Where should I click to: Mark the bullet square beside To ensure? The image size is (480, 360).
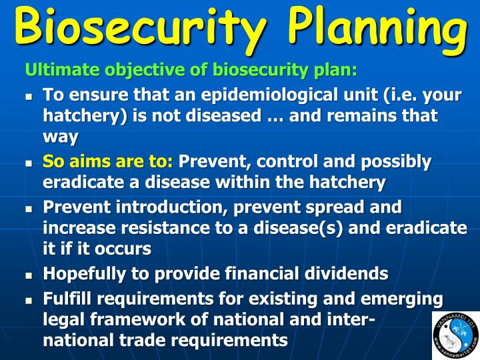(x=29, y=96)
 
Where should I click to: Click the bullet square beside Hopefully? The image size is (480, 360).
(x=29, y=275)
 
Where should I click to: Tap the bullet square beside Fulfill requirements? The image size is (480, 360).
(x=29, y=299)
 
